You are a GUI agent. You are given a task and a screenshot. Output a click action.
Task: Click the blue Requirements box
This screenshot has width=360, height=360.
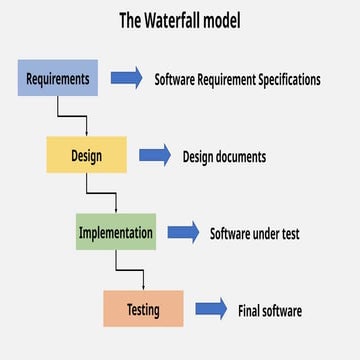tap(57, 78)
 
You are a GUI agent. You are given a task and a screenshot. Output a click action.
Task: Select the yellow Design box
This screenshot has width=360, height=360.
tap(86, 155)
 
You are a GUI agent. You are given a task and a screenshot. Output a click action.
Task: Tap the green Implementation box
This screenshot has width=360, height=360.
tap(116, 233)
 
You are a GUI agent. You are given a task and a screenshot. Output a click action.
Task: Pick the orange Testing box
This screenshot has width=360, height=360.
tap(143, 309)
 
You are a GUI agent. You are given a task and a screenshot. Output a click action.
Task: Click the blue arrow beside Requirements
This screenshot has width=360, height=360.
tap(126, 78)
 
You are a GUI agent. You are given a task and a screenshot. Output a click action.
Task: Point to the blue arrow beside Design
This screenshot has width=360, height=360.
tap(155, 155)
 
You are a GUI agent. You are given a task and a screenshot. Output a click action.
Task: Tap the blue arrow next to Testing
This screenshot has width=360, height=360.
tap(211, 309)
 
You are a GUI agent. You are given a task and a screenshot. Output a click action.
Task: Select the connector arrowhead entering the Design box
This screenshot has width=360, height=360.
tap(87, 133)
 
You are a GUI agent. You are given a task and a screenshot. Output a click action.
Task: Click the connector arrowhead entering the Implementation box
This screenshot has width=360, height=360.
tap(116, 211)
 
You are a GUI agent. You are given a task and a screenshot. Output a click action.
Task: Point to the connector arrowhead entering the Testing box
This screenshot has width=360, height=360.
tap(144, 287)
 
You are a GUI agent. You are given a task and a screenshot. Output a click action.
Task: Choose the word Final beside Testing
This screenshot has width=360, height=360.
tap(249, 310)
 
